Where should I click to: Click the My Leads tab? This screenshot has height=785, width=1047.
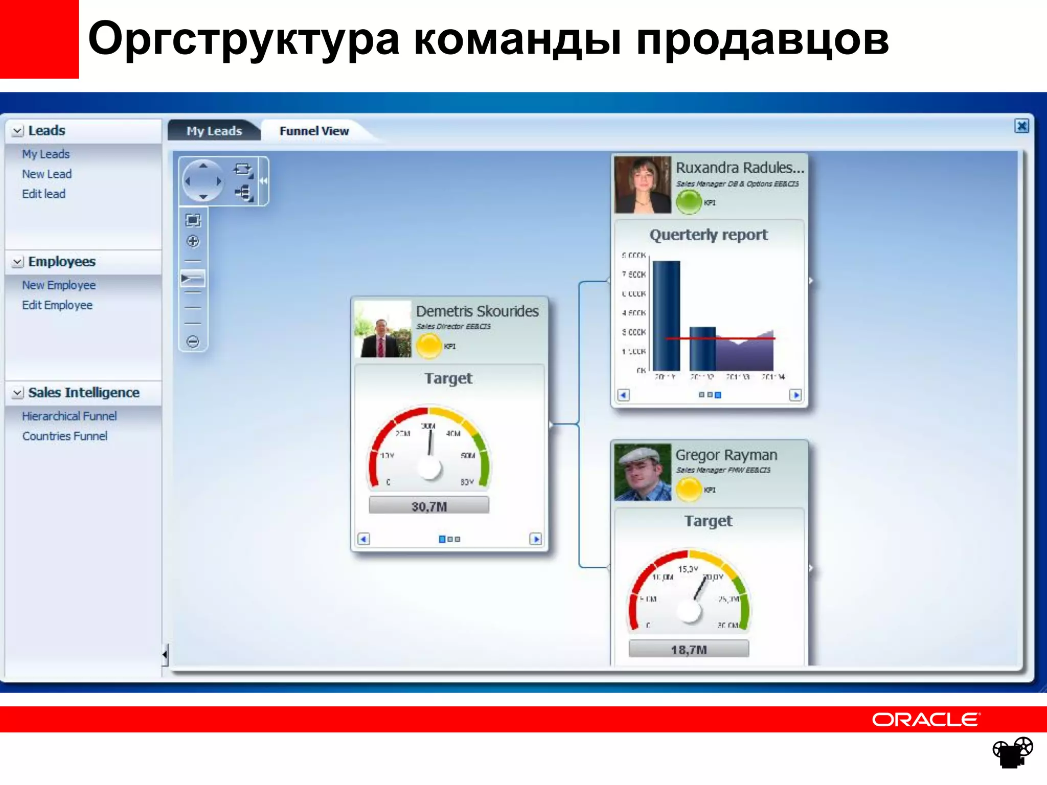(x=214, y=131)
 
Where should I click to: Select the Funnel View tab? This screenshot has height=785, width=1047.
(x=314, y=131)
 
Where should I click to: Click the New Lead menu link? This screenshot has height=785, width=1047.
(x=47, y=174)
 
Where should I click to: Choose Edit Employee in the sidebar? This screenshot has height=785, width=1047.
(x=57, y=305)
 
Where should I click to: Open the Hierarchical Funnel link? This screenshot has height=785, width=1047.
(x=69, y=416)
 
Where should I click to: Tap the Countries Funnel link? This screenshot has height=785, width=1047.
(x=64, y=436)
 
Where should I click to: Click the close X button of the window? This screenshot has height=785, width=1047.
(x=1021, y=126)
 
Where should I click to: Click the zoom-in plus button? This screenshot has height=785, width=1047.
(x=193, y=241)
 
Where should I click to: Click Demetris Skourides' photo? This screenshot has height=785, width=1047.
(x=383, y=329)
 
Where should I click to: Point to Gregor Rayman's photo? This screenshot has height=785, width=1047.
(x=643, y=472)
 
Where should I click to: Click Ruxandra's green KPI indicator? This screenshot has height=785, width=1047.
(x=689, y=202)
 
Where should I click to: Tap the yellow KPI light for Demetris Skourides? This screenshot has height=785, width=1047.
(x=428, y=346)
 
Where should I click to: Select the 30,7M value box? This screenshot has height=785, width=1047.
(x=429, y=506)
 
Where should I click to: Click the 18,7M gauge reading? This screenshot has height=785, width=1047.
(x=689, y=650)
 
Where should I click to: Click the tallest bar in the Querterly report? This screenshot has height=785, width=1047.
(x=666, y=315)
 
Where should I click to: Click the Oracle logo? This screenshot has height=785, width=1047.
(x=926, y=720)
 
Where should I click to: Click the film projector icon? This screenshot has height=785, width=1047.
(x=1012, y=752)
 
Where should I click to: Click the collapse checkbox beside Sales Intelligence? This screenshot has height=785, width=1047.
(x=18, y=392)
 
